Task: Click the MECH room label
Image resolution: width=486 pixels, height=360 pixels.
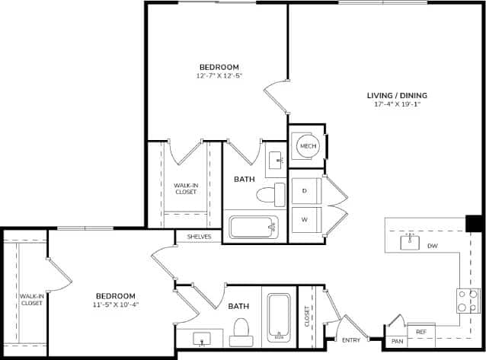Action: (307, 146)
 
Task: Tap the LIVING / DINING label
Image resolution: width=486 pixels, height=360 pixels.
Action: (397, 95)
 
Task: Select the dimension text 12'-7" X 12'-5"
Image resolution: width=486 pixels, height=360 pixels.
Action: (219, 75)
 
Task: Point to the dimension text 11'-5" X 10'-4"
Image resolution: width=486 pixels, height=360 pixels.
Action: (116, 304)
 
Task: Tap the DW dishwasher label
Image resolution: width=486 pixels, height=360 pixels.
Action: (432, 246)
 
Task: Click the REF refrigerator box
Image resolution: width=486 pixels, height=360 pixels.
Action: (421, 332)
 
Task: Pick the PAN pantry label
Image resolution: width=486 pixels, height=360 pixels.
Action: (397, 342)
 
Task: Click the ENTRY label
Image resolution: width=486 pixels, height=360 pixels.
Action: (351, 340)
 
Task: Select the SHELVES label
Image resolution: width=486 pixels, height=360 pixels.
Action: (198, 237)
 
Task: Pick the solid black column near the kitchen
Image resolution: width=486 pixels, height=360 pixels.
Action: (474, 223)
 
